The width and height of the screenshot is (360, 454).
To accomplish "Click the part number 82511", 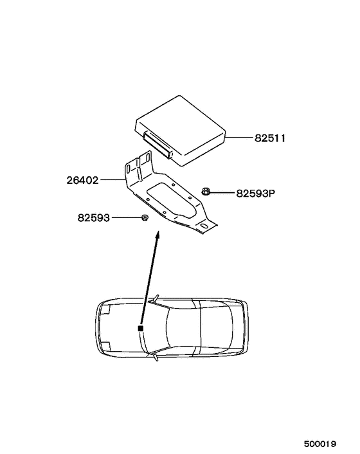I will tap(269, 138).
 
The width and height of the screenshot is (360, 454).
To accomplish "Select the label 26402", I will tap(82, 181).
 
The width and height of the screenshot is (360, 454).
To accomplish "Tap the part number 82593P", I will tap(255, 192).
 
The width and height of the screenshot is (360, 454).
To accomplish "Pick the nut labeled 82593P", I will tap(206, 190).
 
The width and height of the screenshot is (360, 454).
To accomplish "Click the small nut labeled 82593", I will tap(145, 219).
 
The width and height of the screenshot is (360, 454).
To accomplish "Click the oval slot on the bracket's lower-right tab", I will tap(204, 226).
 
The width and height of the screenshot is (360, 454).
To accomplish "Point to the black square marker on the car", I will tap(139, 329).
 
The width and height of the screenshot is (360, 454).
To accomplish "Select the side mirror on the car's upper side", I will tap(154, 298).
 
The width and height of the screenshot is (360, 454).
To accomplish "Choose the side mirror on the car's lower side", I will tap(154, 358).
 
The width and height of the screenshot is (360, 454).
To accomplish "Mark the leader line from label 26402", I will tap(113, 181).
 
